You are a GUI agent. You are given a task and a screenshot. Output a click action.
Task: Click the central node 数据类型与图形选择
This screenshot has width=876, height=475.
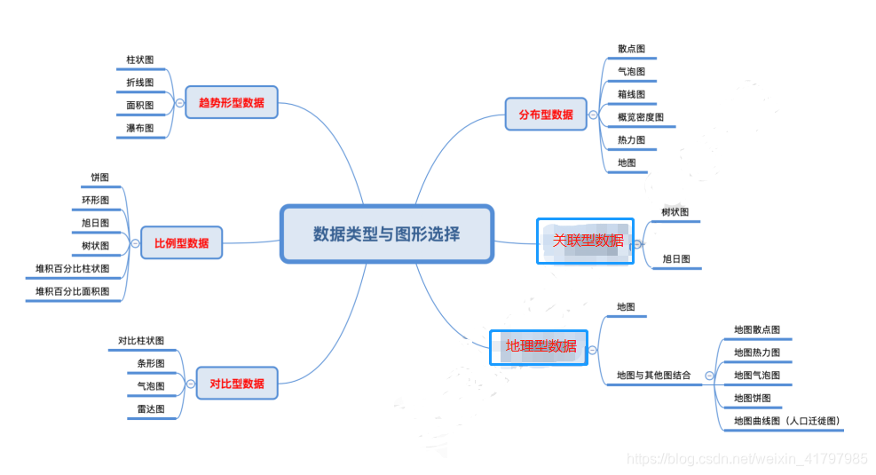click(386, 234)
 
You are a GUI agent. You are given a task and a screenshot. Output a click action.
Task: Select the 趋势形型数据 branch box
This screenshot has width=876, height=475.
click(231, 103)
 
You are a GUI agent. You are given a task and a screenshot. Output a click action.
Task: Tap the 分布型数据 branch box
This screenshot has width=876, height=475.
click(546, 115)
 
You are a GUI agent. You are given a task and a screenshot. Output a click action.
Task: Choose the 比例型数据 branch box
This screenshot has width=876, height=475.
click(181, 242)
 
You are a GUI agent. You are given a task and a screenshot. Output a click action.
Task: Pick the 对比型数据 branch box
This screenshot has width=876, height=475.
click(236, 384)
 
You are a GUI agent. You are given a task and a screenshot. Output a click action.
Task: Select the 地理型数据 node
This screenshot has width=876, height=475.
click(541, 346)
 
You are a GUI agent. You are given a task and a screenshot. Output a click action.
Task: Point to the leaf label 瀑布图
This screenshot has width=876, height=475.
click(139, 129)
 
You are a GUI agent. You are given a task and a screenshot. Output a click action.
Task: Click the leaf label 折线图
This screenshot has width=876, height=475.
click(139, 83)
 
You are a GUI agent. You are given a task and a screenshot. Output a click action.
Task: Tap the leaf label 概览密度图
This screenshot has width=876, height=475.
click(641, 117)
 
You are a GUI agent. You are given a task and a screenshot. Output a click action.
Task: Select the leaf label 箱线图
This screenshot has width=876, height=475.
click(631, 94)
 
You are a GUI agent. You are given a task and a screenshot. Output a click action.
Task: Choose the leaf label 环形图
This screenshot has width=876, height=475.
click(95, 200)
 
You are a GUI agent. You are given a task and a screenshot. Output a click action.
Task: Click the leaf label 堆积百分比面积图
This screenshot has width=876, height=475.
click(73, 291)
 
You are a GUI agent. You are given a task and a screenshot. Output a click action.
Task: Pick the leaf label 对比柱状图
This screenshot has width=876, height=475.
click(140, 341)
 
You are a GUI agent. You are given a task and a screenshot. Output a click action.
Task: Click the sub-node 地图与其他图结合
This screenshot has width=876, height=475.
click(654, 376)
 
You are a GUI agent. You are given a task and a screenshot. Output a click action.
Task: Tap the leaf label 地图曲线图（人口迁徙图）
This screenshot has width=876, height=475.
click(786, 421)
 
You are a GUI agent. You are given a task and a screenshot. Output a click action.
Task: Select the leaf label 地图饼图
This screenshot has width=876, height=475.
click(752, 398)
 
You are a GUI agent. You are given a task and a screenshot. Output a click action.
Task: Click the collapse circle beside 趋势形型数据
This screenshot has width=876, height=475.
click(179, 104)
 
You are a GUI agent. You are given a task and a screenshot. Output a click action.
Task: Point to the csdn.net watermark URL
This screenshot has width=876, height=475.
click(746, 459)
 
